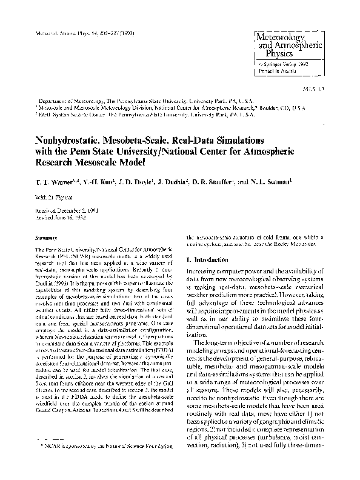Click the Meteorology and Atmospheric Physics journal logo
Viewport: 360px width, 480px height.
[x=281, y=41]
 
